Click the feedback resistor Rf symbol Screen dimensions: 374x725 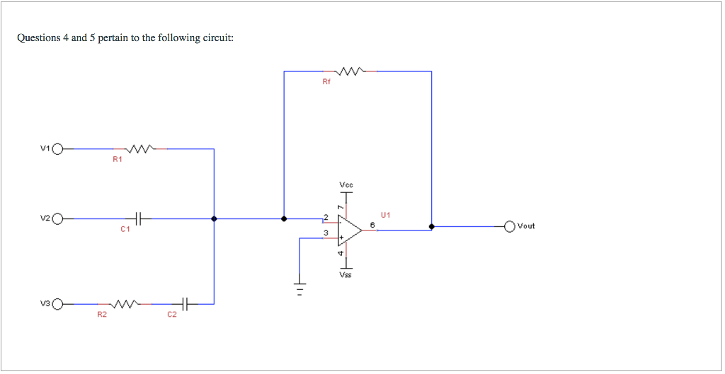click(350, 71)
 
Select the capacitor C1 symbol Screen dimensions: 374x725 click(139, 219)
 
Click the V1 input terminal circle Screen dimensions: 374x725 click(57, 149)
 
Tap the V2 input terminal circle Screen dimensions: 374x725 click(57, 219)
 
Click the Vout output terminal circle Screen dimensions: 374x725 click(510, 226)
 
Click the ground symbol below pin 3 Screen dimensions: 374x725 click(300, 288)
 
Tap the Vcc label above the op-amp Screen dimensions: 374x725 click(346, 185)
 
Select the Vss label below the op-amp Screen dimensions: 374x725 click(346, 275)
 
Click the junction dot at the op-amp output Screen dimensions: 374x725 click(432, 226)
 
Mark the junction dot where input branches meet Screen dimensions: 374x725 click(214, 219)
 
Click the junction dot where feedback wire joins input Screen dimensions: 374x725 click(284, 219)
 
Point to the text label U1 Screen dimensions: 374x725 click(386, 214)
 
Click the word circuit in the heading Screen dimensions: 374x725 click(217, 37)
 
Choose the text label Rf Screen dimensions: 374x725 click(326, 82)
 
